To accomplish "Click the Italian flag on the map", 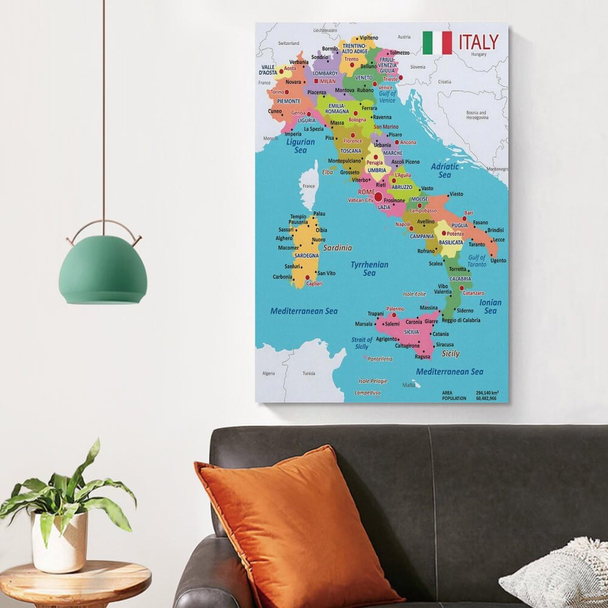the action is click(x=437, y=43).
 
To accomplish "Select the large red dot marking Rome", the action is click(x=378, y=196).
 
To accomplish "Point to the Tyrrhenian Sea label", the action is click(x=369, y=269).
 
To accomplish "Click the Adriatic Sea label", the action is click(x=445, y=170).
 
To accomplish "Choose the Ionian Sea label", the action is click(x=490, y=306).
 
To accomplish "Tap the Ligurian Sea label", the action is click(x=300, y=146).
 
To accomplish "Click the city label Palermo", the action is click(x=395, y=309).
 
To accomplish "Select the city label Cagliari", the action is click(x=314, y=283).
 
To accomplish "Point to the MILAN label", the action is click(x=328, y=81).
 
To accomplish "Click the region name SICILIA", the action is click(x=411, y=332).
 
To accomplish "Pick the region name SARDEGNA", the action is click(x=306, y=256).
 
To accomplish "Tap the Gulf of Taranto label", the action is click(x=477, y=261).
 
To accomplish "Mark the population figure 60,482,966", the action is click(x=486, y=398).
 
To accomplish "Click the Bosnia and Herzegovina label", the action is click(x=477, y=115).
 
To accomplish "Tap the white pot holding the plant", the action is click(x=59, y=540).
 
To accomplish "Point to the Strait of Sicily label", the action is click(x=361, y=343).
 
